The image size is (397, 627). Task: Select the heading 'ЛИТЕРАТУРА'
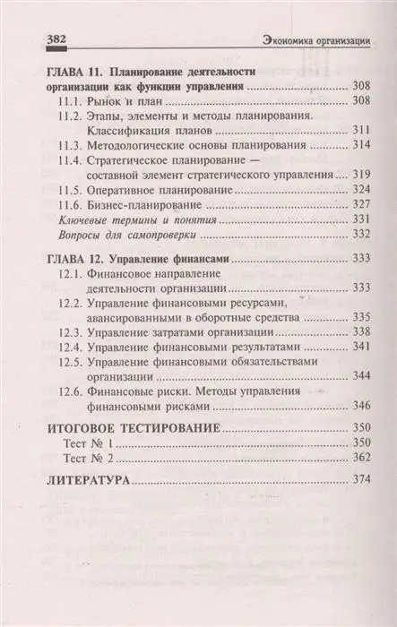(82, 481)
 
